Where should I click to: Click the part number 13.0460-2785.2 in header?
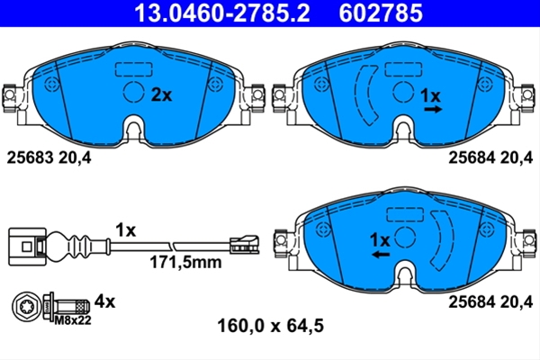coord(221,13)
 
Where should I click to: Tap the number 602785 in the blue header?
coord(381,13)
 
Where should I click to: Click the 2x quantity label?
coord(161,94)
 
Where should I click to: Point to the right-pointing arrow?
coord(433,110)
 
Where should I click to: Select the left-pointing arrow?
coord(381,255)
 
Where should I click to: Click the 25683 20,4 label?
coord(49,158)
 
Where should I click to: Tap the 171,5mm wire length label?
coord(185,263)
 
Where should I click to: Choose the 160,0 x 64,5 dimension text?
coord(271,326)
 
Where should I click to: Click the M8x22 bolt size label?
coord(73,320)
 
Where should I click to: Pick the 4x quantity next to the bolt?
coord(105,301)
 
